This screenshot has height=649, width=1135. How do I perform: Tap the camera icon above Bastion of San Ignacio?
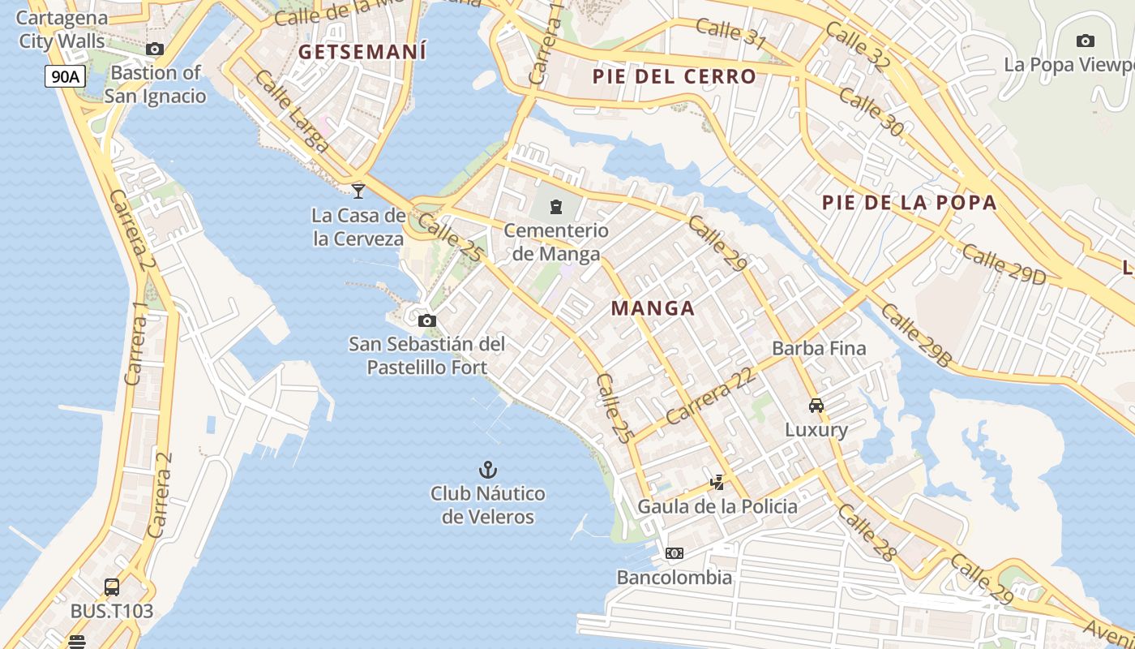155,49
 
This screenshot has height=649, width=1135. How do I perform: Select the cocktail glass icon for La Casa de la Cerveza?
358,191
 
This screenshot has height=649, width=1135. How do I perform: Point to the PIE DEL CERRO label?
674,77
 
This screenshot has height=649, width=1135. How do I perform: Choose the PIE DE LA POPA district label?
909,203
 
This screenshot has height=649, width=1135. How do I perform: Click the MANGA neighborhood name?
653,308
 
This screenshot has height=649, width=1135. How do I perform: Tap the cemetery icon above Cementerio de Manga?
556,208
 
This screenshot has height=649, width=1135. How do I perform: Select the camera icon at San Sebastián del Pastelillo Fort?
427,320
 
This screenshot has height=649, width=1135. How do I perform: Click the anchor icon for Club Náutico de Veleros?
487,470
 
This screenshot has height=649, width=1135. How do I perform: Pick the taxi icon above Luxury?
816,406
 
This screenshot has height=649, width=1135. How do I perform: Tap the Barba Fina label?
819,349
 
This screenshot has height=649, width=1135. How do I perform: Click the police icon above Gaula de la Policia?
717,483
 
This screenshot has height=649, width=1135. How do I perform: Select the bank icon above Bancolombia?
674,553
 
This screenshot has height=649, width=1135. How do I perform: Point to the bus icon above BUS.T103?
112,587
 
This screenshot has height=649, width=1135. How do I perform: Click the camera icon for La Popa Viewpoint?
1085,41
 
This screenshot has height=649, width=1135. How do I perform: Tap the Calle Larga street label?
292,111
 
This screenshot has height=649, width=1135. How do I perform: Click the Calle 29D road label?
1004,264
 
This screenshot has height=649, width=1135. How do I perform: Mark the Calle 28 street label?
867,533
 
